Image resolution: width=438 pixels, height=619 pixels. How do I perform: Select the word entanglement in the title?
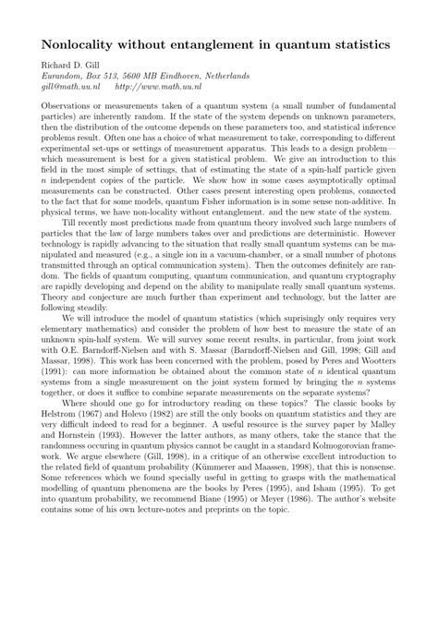pyautogui.click(x=242, y=43)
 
